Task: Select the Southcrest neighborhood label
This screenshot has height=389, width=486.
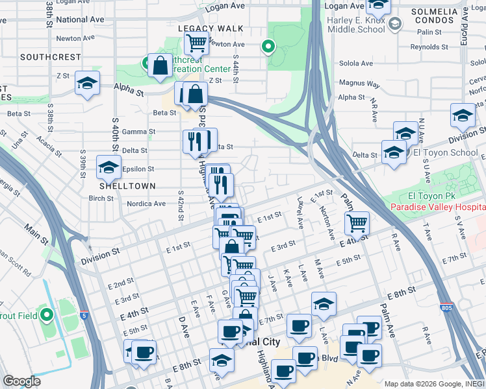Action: pos(50,57)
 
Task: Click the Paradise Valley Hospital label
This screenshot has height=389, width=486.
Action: pos(437,207)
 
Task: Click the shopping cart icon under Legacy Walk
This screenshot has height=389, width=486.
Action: pos(196,43)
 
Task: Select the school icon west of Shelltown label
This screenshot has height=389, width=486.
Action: pos(109,167)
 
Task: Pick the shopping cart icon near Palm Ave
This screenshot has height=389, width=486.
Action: pos(357,224)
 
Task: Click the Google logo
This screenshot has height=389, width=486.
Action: pos(21,381)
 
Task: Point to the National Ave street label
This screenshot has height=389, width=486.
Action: pos(81,20)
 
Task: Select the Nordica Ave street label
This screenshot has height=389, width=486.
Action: pos(146,204)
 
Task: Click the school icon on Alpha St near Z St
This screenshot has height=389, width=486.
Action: pos(87,84)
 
